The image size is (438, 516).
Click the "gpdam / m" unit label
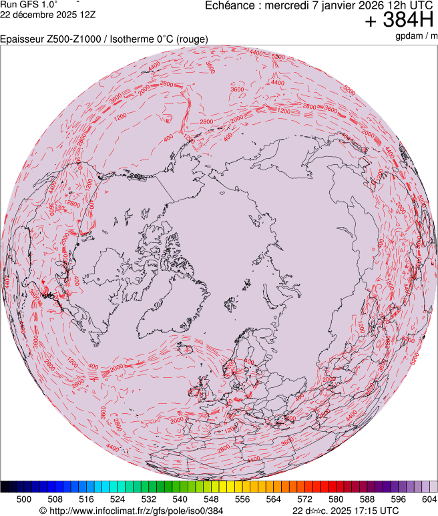(x=416, y=35)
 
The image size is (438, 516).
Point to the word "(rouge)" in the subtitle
(x=192, y=39)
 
